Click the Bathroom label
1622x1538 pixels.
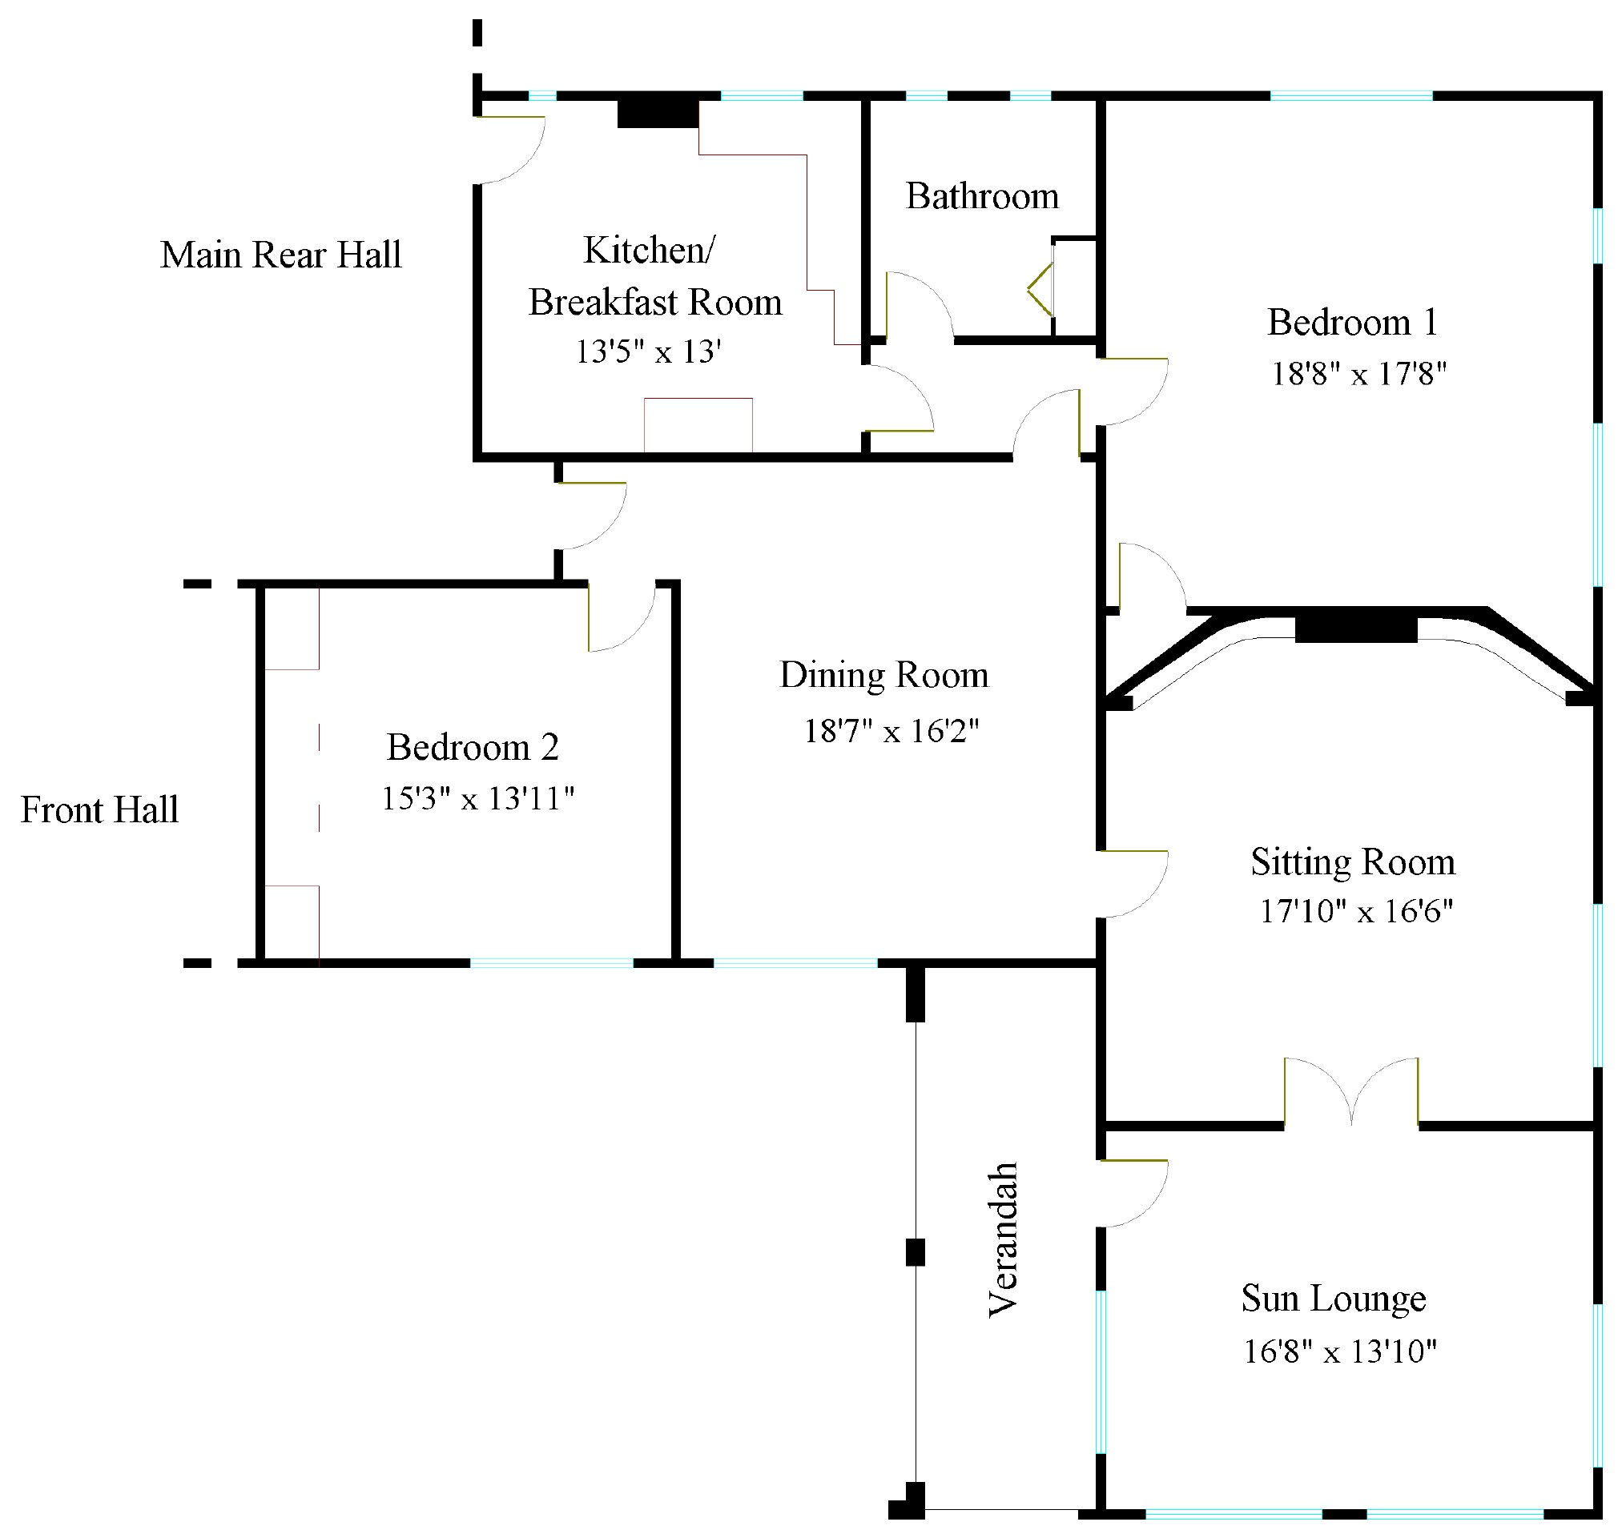click(x=981, y=197)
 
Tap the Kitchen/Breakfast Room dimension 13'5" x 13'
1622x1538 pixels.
click(x=648, y=351)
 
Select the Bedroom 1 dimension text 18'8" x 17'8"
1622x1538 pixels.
click(x=1358, y=374)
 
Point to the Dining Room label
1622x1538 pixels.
click(x=883, y=675)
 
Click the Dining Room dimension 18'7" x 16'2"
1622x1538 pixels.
click(x=891, y=730)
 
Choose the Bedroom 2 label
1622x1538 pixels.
click(x=473, y=747)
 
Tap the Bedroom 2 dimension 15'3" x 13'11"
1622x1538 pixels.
click(x=477, y=798)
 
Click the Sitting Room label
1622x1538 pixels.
click(x=1352, y=861)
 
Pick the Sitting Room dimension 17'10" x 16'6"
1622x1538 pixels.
click(x=1355, y=911)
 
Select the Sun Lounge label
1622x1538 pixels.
click(x=1334, y=1298)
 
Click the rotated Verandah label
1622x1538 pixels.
click(x=1003, y=1239)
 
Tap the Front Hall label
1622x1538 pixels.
click(x=99, y=810)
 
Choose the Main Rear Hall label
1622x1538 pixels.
click(x=280, y=255)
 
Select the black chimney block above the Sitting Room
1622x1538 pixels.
click(x=1355, y=628)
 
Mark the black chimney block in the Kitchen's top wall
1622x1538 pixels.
click(x=658, y=113)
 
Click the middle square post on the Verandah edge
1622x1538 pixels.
click(x=916, y=1253)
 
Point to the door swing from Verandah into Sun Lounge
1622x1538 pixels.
click(x=1132, y=1194)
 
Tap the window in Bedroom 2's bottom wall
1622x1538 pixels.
click(x=551, y=963)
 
